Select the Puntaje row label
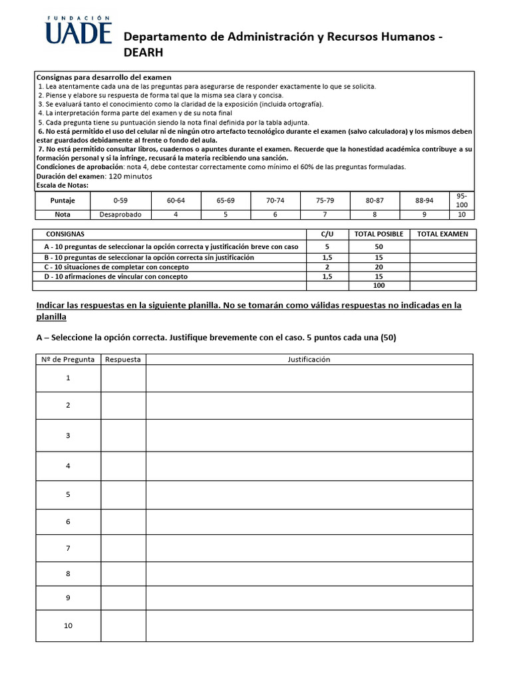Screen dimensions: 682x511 [63, 200]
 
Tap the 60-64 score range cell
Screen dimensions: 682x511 [176, 200]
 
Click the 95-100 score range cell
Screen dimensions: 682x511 [461, 200]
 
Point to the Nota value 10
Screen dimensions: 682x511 [461, 214]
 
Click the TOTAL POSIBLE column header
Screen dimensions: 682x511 [378, 234]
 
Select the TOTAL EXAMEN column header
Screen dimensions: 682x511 [442, 234]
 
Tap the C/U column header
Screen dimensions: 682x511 [327, 234]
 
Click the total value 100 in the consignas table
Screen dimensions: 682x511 [378, 285]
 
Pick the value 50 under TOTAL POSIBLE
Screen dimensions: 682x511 [378, 246]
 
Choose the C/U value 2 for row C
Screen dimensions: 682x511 [327, 266]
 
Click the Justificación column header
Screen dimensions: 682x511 [309, 359]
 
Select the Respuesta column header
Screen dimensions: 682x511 [123, 359]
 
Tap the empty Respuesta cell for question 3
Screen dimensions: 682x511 [123, 436]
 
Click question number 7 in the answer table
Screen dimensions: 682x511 [68, 548]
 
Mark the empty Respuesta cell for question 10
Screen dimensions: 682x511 [123, 626]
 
